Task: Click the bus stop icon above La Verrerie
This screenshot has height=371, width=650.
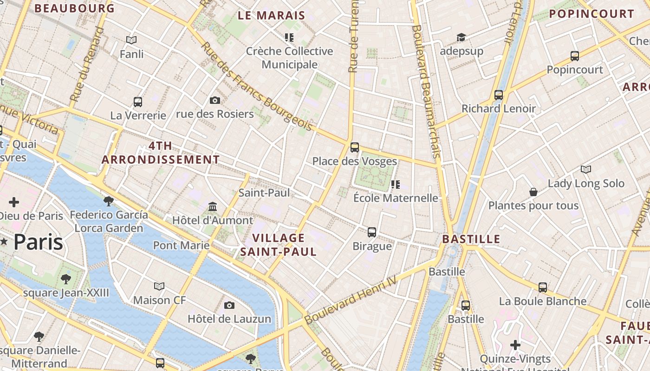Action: click(x=138, y=102)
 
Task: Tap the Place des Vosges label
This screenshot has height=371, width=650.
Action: click(x=354, y=161)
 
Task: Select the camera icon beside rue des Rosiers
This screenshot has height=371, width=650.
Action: click(x=215, y=100)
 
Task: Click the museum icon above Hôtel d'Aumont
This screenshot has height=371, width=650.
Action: click(x=213, y=206)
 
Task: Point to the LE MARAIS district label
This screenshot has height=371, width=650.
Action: click(x=272, y=15)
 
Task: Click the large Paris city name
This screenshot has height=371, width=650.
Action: click(x=38, y=242)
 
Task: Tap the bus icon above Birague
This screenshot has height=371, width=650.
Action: click(x=372, y=232)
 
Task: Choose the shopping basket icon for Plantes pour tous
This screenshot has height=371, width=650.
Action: click(x=533, y=192)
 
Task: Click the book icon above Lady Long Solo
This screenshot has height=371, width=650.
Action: click(x=586, y=170)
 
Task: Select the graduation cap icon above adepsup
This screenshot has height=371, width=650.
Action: click(x=461, y=38)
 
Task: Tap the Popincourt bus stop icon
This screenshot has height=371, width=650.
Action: click(x=575, y=56)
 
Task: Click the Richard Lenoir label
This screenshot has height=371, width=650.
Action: click(x=498, y=109)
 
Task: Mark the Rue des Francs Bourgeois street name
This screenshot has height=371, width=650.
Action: click(x=257, y=87)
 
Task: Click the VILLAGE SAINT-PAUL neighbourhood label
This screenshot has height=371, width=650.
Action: click(x=278, y=245)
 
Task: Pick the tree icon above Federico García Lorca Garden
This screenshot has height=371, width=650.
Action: click(x=109, y=201)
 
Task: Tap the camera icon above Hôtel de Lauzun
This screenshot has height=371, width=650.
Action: click(x=229, y=305)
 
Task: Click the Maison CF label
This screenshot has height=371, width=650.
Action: click(x=159, y=300)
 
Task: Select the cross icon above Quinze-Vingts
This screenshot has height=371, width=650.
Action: click(x=515, y=345)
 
